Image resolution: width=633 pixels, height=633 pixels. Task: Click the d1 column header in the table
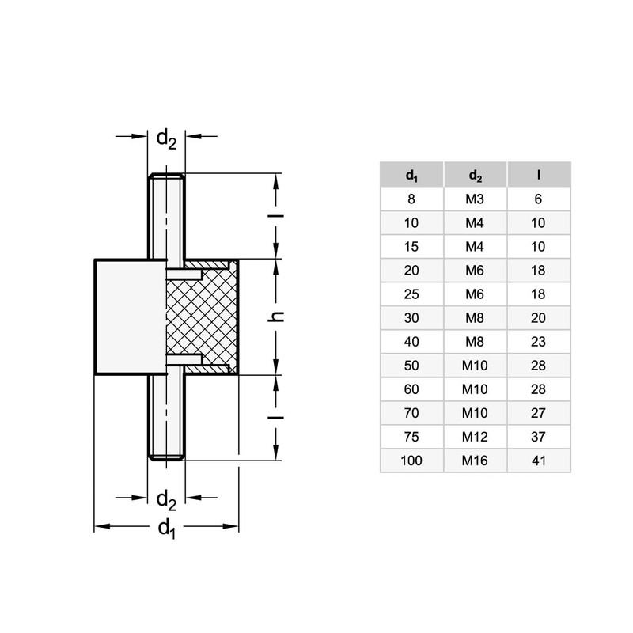click(x=411, y=175)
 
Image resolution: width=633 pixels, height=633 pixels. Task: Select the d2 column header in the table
click(x=476, y=175)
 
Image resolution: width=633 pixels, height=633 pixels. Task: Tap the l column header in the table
click(x=539, y=175)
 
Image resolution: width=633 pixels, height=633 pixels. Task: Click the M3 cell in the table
click(x=475, y=199)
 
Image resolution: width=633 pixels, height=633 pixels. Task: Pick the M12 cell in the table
click(x=475, y=437)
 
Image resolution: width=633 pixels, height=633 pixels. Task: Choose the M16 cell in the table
click(x=475, y=461)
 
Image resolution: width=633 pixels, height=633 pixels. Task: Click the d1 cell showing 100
click(x=411, y=461)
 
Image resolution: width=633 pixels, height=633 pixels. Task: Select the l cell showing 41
click(x=539, y=461)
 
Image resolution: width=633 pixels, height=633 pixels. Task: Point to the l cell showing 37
click(x=539, y=437)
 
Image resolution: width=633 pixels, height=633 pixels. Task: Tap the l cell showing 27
click(x=539, y=413)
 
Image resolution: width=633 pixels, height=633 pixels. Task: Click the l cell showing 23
click(x=539, y=342)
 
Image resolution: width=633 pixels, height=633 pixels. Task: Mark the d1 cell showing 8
click(x=411, y=199)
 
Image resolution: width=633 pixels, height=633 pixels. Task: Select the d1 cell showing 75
click(x=411, y=437)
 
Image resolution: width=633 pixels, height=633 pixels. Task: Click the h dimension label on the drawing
click(x=276, y=317)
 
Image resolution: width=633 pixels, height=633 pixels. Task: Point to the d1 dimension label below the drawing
click(x=167, y=529)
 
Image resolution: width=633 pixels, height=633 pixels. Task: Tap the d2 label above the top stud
click(x=166, y=139)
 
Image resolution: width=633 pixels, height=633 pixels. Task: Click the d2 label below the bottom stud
click(x=166, y=500)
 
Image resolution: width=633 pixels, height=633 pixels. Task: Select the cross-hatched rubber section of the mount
click(x=202, y=317)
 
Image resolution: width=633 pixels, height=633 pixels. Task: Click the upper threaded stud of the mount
click(x=166, y=216)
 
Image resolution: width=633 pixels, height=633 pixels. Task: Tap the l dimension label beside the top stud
click(x=276, y=216)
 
